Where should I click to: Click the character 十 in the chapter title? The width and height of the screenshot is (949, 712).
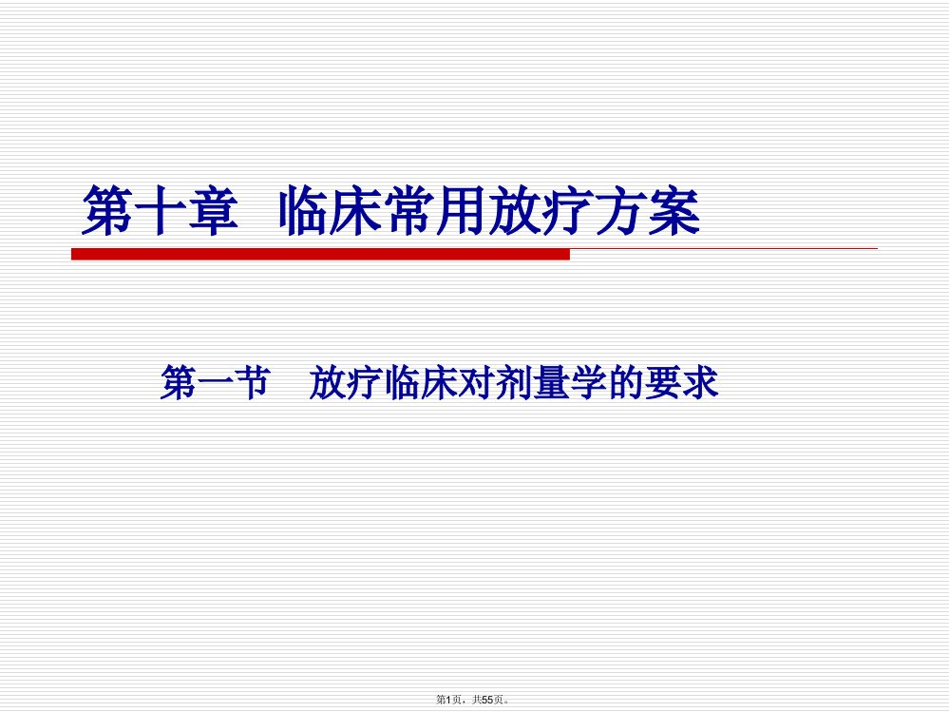(x=160, y=210)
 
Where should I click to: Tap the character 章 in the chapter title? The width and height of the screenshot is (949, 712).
(x=213, y=210)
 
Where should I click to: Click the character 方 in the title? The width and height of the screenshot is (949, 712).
(x=621, y=210)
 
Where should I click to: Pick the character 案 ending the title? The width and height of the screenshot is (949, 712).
(x=674, y=210)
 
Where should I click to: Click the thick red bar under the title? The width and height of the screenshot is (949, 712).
(x=321, y=255)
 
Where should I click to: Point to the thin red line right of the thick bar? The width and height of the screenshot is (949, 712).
(x=724, y=248)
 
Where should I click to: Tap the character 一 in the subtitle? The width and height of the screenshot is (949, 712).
(x=215, y=383)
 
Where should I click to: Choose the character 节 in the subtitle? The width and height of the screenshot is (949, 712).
(x=252, y=383)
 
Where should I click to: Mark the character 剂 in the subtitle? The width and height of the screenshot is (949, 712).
(x=514, y=383)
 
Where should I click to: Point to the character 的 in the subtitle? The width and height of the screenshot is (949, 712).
(x=626, y=383)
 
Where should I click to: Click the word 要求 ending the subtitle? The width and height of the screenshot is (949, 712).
(x=682, y=383)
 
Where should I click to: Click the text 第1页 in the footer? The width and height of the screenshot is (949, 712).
(x=448, y=700)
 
